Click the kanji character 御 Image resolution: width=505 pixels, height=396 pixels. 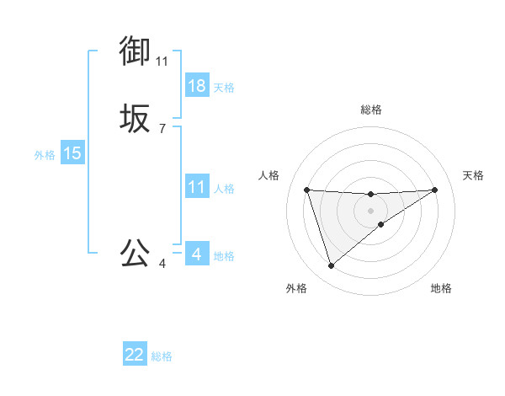tap(136, 51)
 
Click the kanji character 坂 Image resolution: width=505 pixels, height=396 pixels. tap(136, 120)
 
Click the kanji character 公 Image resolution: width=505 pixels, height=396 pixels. tap(136, 253)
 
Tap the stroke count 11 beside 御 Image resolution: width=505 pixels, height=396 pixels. tap(162, 61)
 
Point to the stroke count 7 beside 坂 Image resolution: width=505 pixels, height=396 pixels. tap(162, 129)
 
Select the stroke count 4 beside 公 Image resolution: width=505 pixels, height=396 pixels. tap(162, 264)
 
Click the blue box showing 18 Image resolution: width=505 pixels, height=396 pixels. tap(197, 86)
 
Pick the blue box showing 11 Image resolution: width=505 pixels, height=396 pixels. tap(197, 187)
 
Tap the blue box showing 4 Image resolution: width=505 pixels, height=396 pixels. tap(197, 254)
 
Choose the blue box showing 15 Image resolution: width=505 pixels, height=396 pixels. tap(72, 153)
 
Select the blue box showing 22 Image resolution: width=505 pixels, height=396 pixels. tap(135, 355)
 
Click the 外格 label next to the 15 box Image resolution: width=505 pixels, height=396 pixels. tap(45, 154)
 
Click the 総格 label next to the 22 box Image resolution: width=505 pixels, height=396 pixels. tap(162, 356)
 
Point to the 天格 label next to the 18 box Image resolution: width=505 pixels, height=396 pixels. tap(224, 87)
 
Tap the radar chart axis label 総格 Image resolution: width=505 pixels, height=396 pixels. tap(371, 110)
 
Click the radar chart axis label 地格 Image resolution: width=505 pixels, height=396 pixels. tap(441, 288)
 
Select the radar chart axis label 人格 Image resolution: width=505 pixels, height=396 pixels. tap(269, 175)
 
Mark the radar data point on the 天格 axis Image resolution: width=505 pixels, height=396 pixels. tap(434, 190)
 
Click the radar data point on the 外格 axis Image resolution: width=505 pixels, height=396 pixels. tap(331, 266)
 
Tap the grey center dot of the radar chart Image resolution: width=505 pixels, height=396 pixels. tap(371, 211)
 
